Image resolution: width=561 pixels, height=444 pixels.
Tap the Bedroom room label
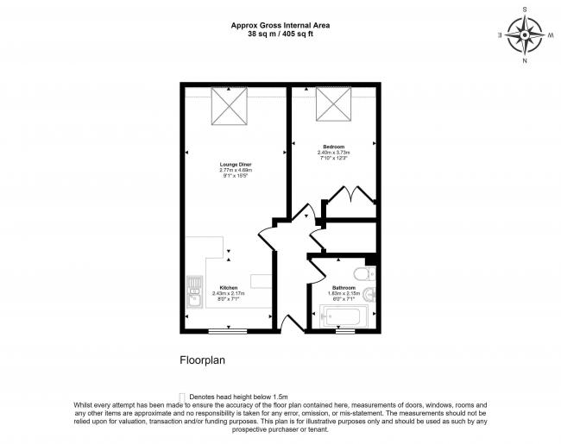coord(333,147)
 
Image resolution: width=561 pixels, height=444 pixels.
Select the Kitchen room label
coord(229,287)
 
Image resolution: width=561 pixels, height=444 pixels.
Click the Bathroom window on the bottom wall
coord(345,330)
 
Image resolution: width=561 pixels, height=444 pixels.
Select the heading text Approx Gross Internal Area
coord(280,26)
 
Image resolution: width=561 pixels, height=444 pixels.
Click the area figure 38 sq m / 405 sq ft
coord(280,35)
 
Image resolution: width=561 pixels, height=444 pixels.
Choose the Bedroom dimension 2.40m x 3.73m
coord(333,153)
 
